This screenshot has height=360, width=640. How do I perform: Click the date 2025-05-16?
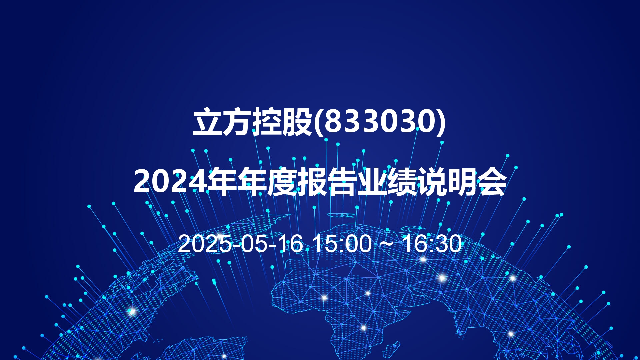(x=240, y=244)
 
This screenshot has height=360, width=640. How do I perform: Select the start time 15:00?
(x=343, y=244)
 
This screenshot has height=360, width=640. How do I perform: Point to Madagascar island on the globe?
(x=391, y=350)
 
